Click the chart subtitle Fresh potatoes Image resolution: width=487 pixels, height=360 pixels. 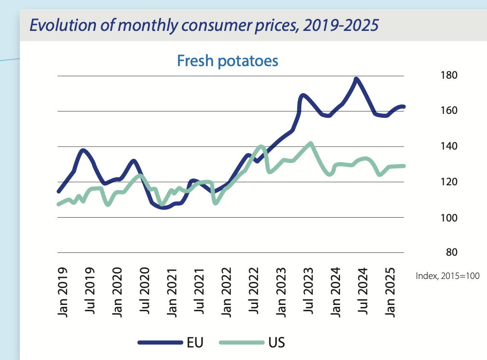click(x=228, y=61)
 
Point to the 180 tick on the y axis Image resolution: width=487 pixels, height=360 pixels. click(x=448, y=75)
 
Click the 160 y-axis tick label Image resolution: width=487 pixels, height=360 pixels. click(x=448, y=111)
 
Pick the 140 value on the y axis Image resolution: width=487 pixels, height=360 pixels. click(x=448, y=146)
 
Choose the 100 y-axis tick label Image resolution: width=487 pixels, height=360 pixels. click(x=448, y=217)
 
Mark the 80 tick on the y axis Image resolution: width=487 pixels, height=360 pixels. click(x=451, y=252)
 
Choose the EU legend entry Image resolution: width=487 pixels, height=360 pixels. click(x=195, y=343)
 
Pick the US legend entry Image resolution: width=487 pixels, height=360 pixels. click(x=276, y=343)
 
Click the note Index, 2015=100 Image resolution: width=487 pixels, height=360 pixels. click(x=447, y=277)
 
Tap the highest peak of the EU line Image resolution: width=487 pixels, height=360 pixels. click(x=356, y=79)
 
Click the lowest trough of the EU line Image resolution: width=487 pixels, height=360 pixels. click(x=163, y=208)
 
